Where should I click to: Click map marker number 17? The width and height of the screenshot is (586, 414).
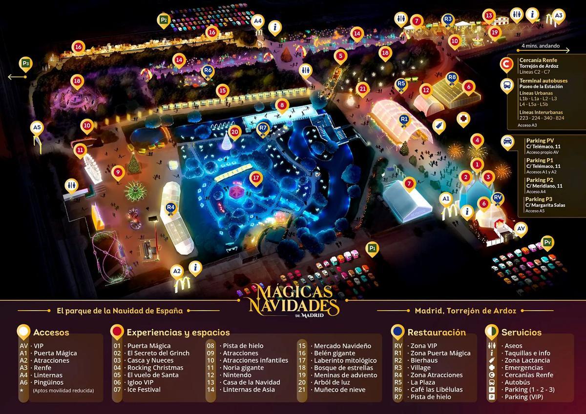coord(255,178)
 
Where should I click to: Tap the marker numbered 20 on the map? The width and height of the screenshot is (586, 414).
coord(235,132)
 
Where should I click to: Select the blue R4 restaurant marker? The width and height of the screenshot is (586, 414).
coord(170,207)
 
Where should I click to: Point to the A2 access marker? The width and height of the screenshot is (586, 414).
coord(177,271)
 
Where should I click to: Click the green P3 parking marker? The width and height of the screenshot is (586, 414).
coord(25,63)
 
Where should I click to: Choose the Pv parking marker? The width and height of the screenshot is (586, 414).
coord(548,242)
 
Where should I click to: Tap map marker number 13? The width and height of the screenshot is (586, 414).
coord(489,16)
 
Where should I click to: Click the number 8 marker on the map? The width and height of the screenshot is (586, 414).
coord(281,105)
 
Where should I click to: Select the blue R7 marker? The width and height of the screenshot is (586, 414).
coord(263,128)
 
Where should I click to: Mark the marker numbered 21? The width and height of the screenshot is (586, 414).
coord(362,89)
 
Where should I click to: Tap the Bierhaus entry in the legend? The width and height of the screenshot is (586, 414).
coord(426,360)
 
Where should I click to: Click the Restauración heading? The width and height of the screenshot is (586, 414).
coord(437,332)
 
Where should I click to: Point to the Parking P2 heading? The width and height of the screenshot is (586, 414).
coord(540,180)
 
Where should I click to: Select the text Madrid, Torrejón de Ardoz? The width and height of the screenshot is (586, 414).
coord(465,310)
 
